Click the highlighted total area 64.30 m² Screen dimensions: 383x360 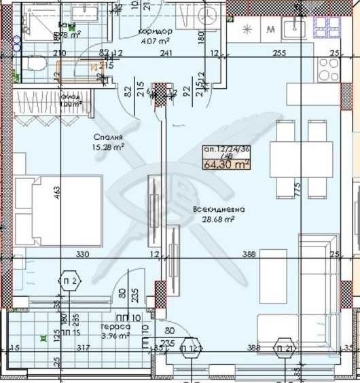tap(226, 163)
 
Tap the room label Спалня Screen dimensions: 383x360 tap(104, 135)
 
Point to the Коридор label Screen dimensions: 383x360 tap(155, 32)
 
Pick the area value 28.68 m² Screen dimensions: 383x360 tap(215, 219)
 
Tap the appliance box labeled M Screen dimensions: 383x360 tap(271, 29)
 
